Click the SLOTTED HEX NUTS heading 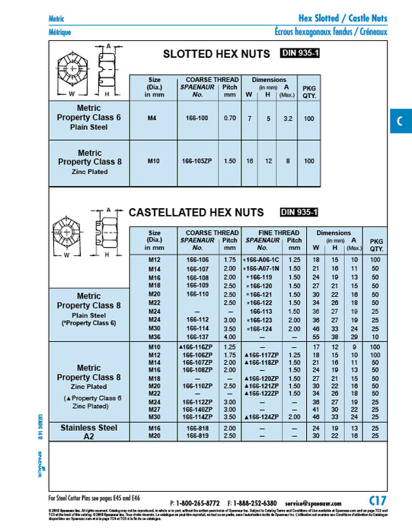click(217, 54)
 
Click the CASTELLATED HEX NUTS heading click(196, 212)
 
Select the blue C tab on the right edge click(401, 122)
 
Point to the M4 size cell click(152, 119)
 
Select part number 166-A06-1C click(263, 260)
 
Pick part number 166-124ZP click(263, 417)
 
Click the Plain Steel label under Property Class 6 click(90, 128)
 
